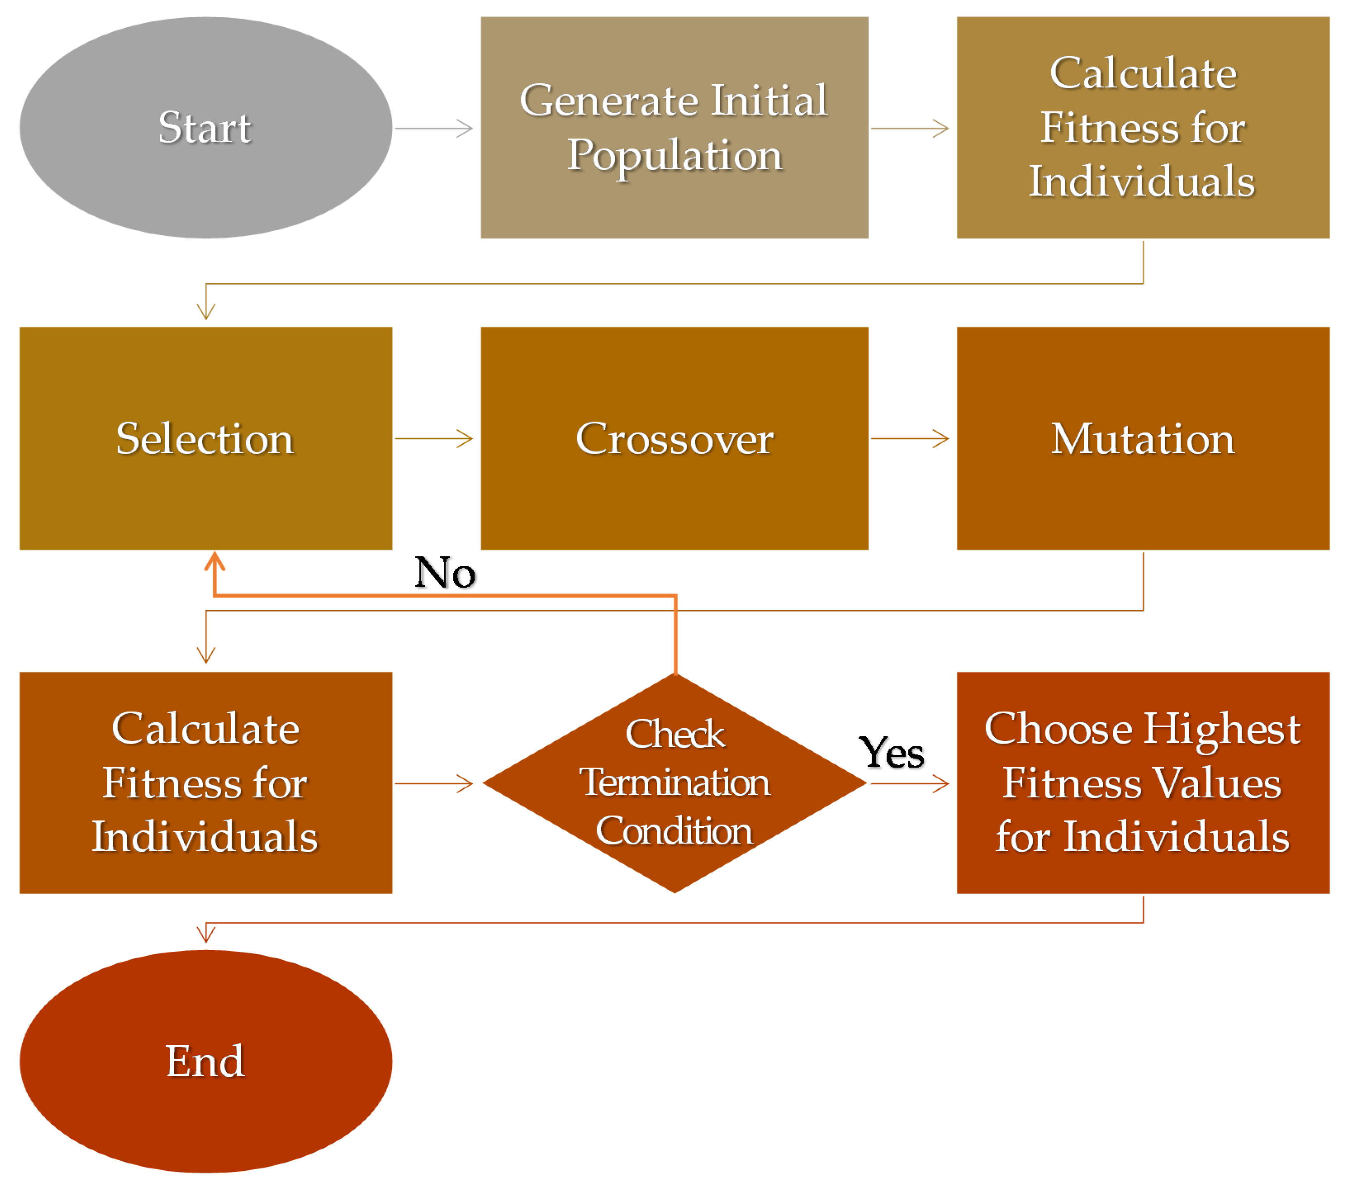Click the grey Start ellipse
coord(206,127)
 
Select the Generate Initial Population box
coord(674,127)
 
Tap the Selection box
coord(206,438)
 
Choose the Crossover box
coord(674,438)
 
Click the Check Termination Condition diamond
coord(674,783)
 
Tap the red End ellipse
coord(206,1061)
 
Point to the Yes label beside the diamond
coord(892,752)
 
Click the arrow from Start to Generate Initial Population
coord(433,128)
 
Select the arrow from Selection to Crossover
coord(433,438)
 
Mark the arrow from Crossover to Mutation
coord(910,438)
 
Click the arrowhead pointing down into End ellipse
coord(206,934)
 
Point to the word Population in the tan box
coord(674,156)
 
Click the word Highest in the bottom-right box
coord(1222,729)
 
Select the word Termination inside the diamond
coord(674,783)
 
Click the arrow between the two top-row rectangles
coord(910,128)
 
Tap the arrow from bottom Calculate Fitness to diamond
coord(433,783)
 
